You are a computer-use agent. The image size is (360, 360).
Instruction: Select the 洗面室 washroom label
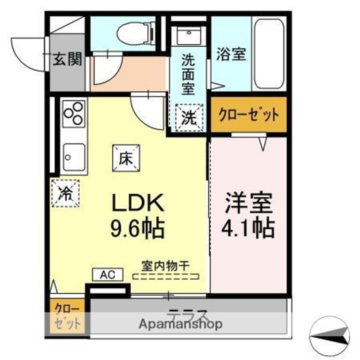pyautogui.click(x=188, y=74)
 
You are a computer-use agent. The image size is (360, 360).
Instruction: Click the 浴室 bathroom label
pyautogui.click(x=230, y=54)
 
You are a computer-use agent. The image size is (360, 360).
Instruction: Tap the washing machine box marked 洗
pyautogui.click(x=188, y=118)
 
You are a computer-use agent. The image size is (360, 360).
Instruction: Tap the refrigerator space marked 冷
pyautogui.click(x=65, y=192)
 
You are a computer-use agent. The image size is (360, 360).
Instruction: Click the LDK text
pyautogui.click(x=137, y=203)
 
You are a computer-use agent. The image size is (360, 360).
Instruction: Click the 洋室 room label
pyautogui.click(x=248, y=203)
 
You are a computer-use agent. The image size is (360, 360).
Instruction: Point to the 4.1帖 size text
pyautogui.click(x=248, y=228)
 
